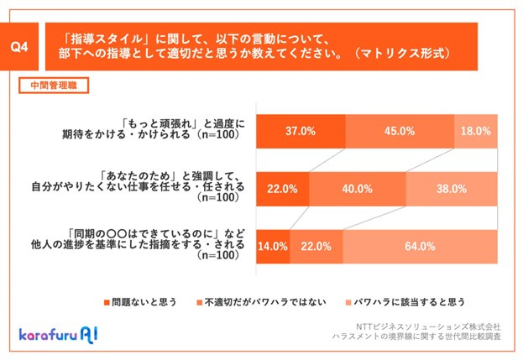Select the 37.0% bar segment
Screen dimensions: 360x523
(x=300, y=131)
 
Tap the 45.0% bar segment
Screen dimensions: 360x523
(x=400, y=131)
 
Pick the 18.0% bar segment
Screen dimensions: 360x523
(x=477, y=131)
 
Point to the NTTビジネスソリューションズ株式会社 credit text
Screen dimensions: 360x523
(x=437, y=326)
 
